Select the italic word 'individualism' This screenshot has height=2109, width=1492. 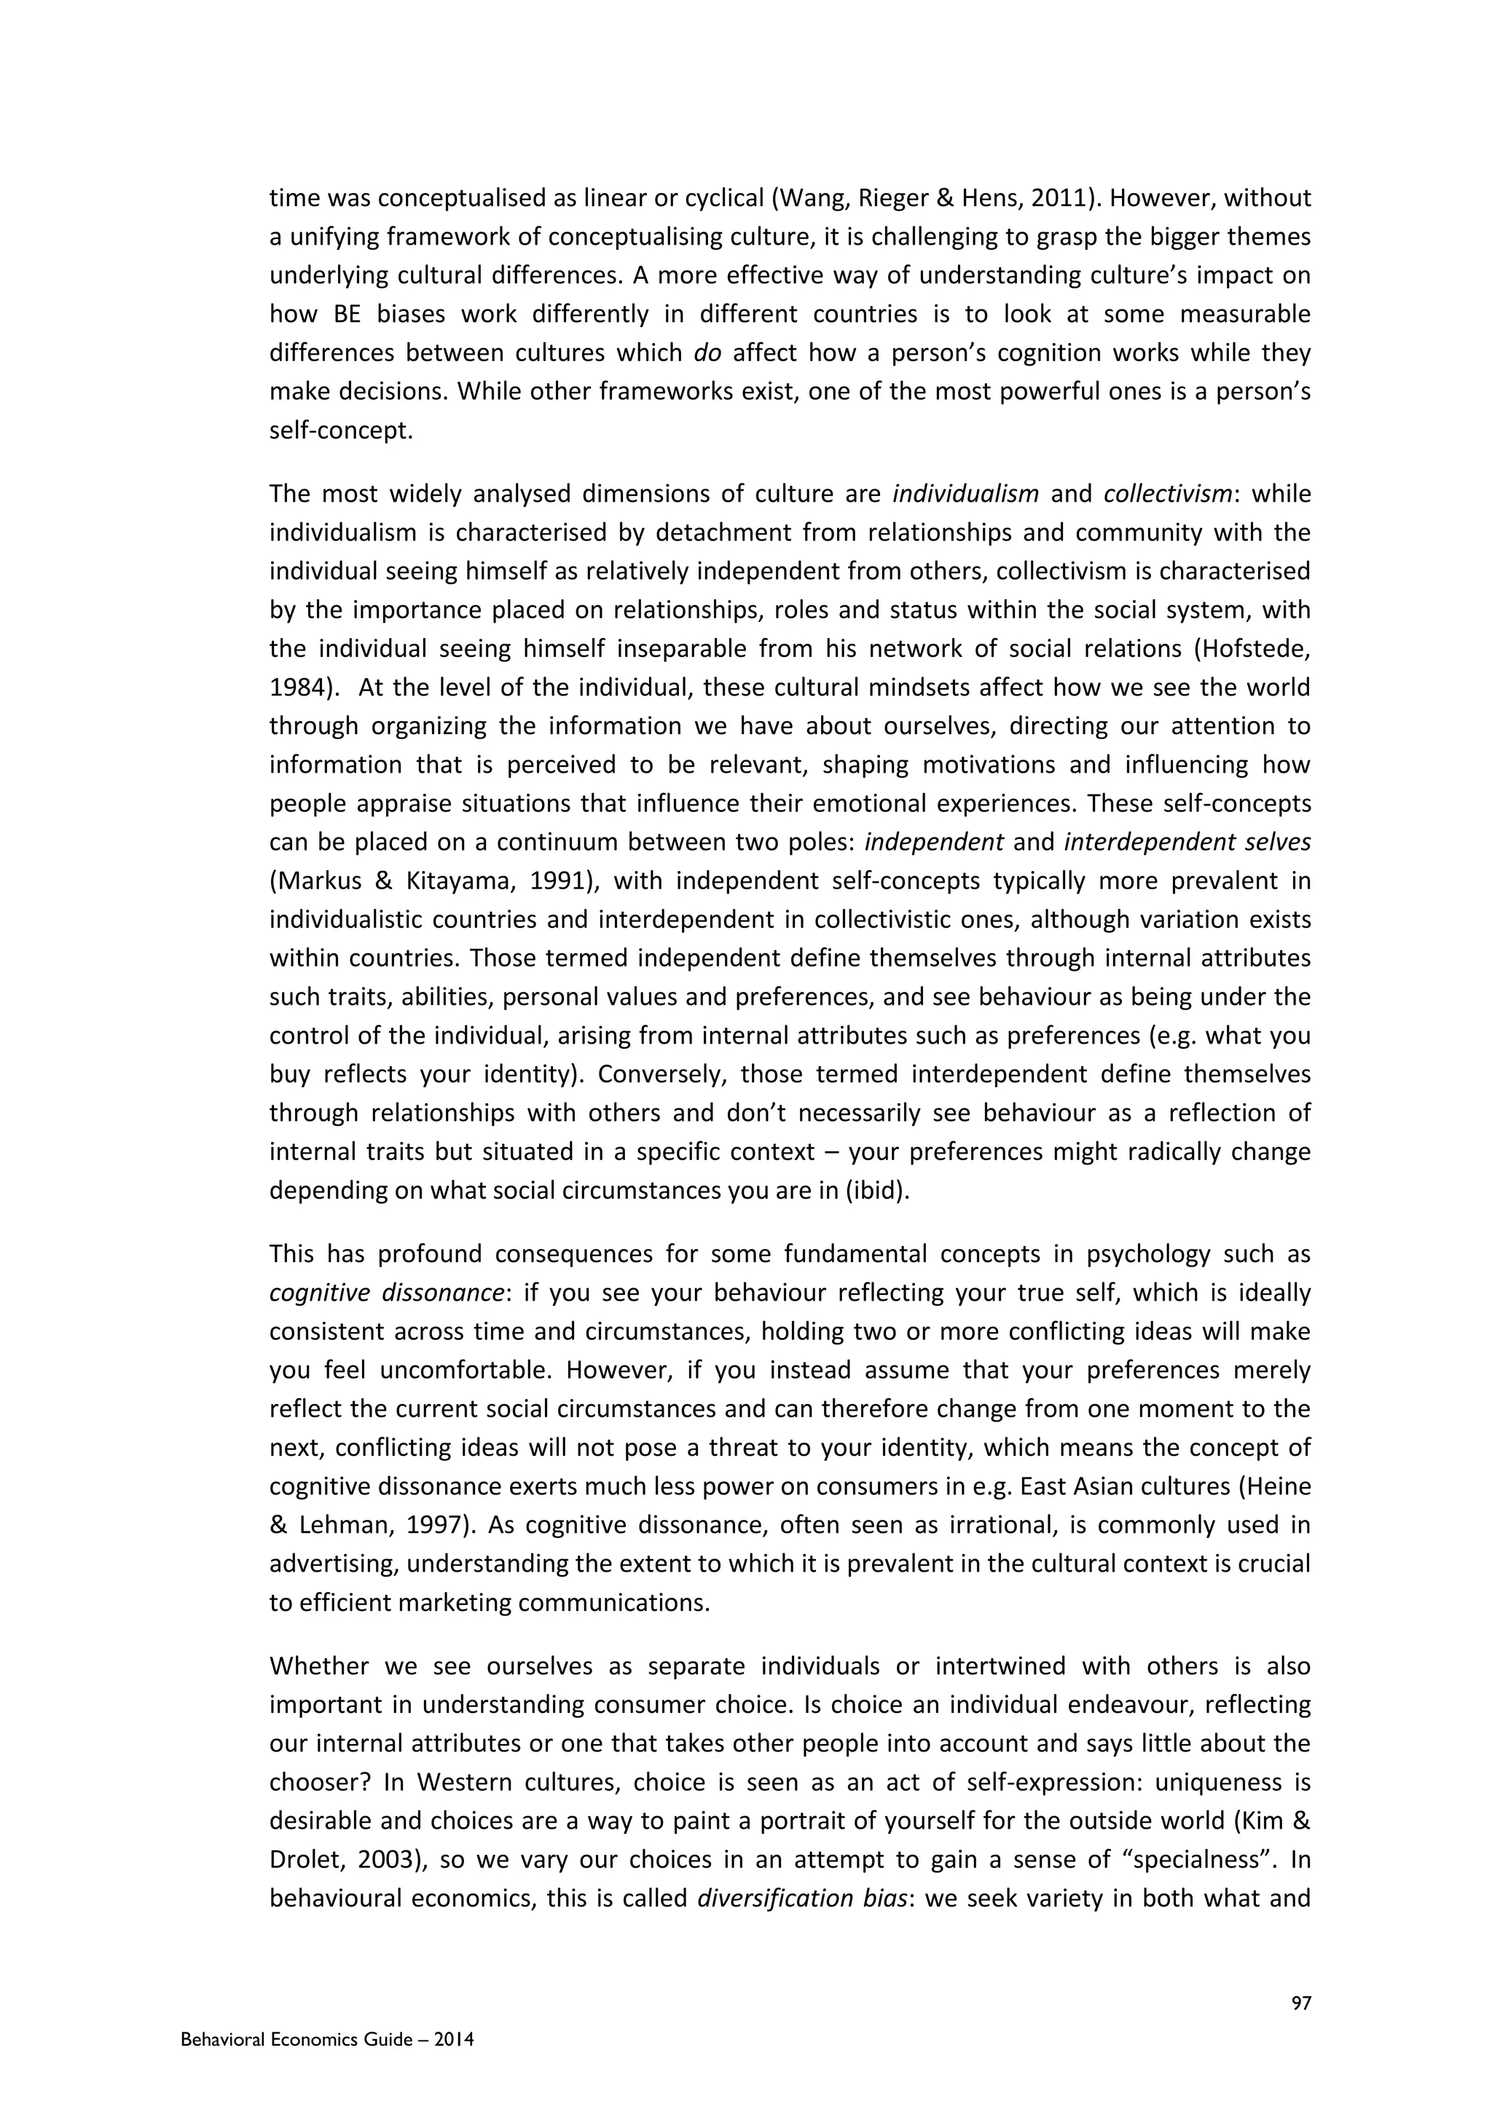(965, 495)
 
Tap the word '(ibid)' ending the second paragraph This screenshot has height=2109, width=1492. (876, 1191)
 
